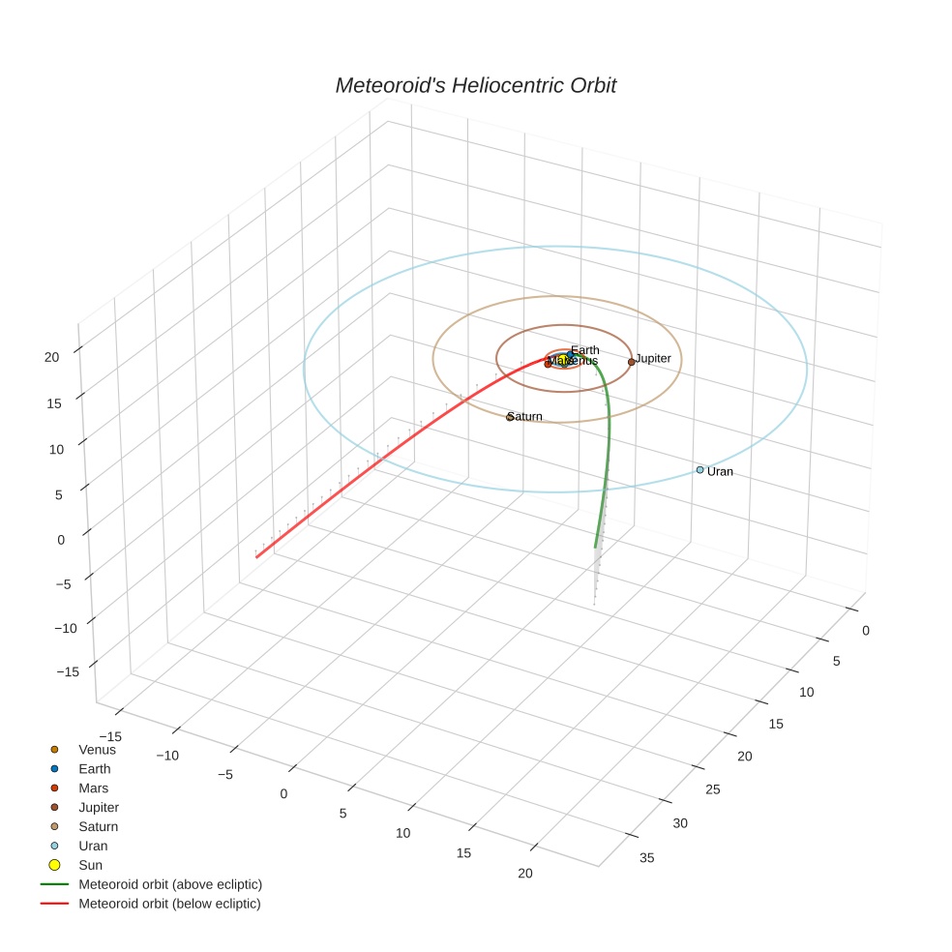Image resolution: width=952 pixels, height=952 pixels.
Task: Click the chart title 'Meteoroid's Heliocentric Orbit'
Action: point(475,86)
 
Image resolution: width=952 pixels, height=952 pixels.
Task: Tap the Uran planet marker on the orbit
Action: point(699,470)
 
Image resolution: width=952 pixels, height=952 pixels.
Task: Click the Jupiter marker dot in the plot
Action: point(632,362)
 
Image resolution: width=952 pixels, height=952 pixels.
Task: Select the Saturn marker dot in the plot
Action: point(510,417)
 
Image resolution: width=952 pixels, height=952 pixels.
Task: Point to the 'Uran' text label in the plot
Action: point(720,472)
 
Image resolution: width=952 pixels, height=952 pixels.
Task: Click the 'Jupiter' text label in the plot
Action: point(653,359)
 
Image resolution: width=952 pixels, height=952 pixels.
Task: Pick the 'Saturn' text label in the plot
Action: point(525,417)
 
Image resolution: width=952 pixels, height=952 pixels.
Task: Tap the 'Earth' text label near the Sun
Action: point(584,350)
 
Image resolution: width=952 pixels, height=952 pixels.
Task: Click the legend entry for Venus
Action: point(97,749)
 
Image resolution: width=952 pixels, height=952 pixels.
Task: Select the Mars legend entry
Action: point(94,788)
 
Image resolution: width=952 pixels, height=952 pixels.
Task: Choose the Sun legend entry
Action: point(90,865)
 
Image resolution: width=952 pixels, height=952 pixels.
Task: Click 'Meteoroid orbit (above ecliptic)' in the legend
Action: point(170,884)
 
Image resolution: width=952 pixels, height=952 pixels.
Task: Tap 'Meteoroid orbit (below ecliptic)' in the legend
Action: point(169,904)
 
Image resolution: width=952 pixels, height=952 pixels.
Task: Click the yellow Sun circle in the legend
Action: point(54,865)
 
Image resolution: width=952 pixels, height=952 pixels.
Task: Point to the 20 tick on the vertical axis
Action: point(51,356)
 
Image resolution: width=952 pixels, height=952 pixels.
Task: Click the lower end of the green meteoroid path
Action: point(595,547)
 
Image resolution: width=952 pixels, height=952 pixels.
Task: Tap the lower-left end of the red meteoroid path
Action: point(256,557)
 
